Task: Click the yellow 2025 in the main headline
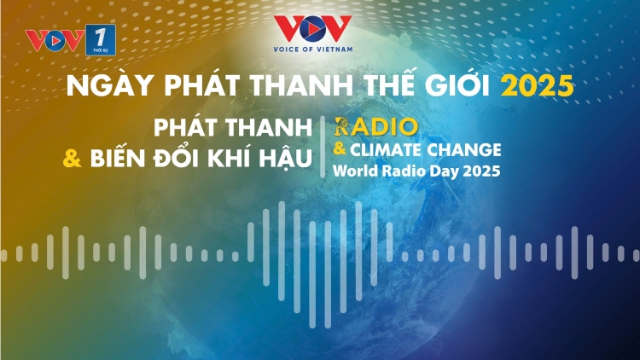(537, 86)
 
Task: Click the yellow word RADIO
(376, 127)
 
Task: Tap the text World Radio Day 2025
(416, 171)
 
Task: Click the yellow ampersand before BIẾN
(73, 159)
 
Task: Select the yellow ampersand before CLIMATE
(340, 149)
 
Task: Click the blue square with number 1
(101, 39)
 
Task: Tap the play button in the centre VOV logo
(312, 28)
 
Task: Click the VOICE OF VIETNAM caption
(312, 49)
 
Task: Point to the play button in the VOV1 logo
(55, 40)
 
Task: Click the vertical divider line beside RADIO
(323, 147)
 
